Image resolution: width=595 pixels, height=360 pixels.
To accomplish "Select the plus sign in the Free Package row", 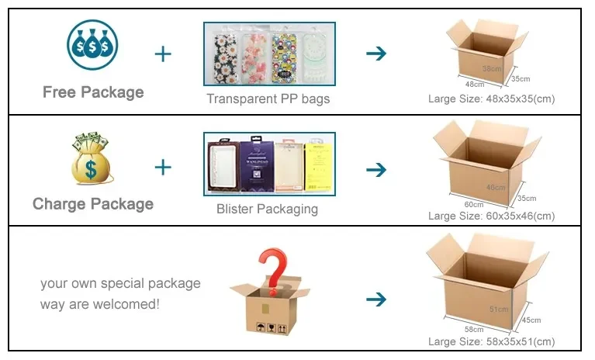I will [163, 54].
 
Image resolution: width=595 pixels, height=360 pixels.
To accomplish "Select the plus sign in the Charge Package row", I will [163, 168].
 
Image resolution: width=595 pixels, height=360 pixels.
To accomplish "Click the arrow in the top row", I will [376, 54].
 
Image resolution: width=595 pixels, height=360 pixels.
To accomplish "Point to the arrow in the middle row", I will [376, 169].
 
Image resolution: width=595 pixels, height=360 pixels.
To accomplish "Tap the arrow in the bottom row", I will [376, 299].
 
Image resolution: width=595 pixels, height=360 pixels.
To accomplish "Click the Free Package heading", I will [93, 92].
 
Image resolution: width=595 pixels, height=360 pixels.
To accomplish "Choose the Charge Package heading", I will [93, 204].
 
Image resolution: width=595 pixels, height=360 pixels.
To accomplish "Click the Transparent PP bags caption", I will [268, 99].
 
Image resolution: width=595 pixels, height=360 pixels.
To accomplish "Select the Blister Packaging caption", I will [267, 209].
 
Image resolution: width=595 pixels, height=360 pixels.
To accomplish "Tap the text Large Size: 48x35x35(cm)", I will [492, 99].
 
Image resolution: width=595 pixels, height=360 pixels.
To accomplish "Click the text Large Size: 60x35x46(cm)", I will [492, 216].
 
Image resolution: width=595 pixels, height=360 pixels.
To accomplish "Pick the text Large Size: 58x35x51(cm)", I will [492, 341].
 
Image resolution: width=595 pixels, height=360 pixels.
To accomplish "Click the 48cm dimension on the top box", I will [474, 85].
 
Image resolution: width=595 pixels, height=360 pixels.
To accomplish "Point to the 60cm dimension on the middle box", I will [473, 204].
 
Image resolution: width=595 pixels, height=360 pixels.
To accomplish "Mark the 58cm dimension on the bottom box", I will [473, 329].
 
